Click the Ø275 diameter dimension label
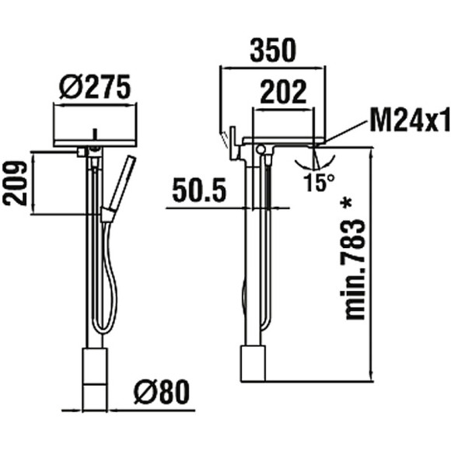coord(94,88)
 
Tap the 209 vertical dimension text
coord(16,183)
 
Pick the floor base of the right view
coord(253,363)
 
